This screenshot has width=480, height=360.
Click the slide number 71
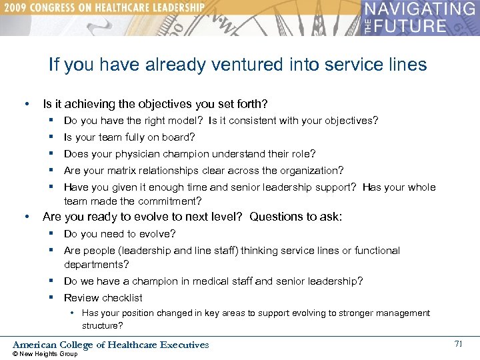click(458, 344)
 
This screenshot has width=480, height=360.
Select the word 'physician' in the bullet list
click(143, 154)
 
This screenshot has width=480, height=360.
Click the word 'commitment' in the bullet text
click(169, 201)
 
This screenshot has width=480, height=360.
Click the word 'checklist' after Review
click(122, 298)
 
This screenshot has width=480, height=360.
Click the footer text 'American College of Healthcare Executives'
click(111, 345)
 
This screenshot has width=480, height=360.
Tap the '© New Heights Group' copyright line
click(45, 354)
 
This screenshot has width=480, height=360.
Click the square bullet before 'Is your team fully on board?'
click(51, 137)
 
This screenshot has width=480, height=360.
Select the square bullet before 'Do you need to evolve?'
click(51, 233)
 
